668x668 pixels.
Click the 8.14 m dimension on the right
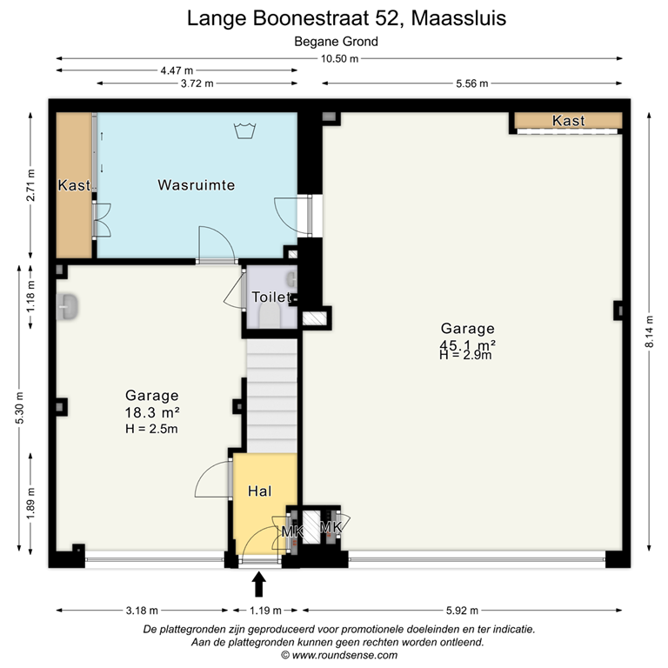(648, 331)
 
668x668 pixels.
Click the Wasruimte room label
(196, 185)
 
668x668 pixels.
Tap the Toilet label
(270, 297)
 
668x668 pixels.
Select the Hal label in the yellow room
(260, 491)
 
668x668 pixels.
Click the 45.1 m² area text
(467, 344)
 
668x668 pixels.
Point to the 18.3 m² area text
(152, 411)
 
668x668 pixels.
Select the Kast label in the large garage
(568, 121)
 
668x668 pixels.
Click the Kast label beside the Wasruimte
(74, 185)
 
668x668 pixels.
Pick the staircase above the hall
(271, 391)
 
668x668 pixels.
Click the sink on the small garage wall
(68, 306)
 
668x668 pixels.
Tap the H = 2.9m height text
(467, 355)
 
